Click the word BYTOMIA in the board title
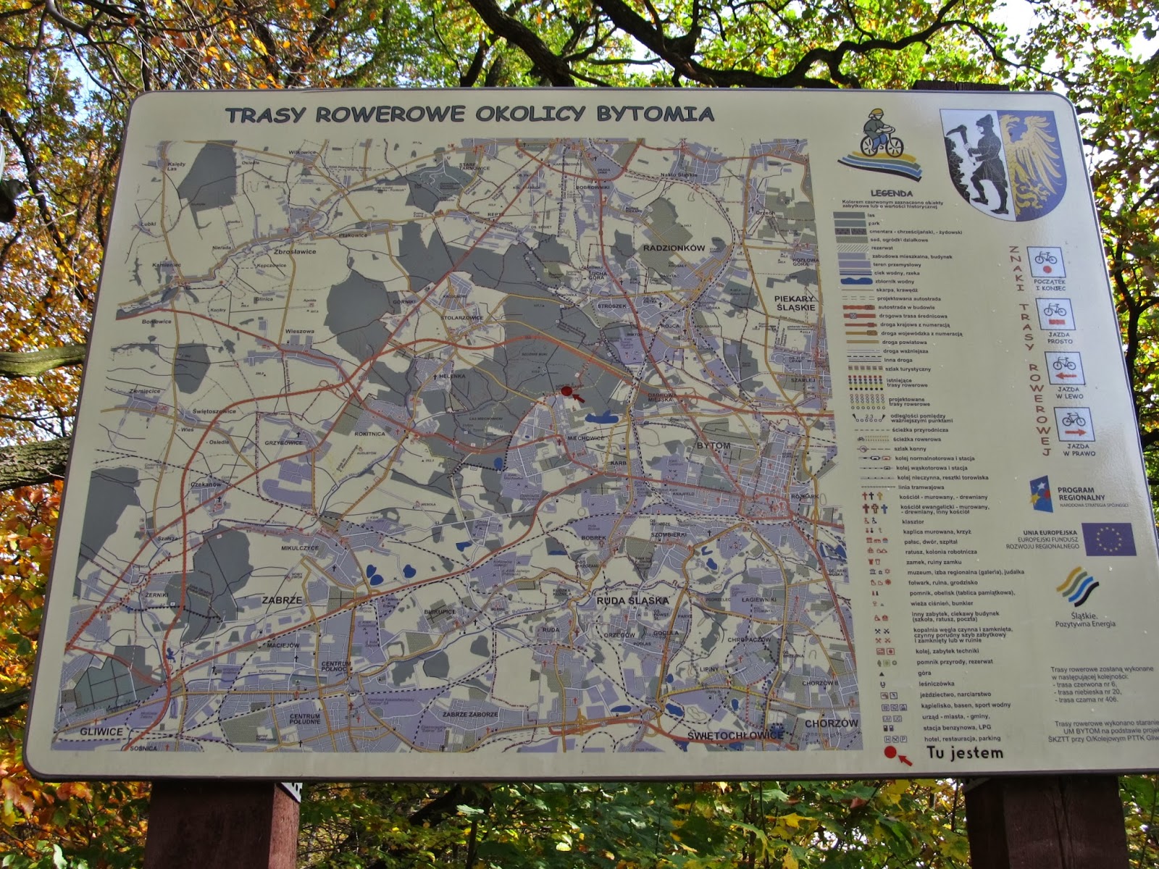coord(655,114)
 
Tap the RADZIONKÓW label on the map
coord(674,248)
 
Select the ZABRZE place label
coord(282,600)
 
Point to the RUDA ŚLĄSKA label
coord(632,600)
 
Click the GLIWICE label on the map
coord(101,731)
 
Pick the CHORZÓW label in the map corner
coord(831,723)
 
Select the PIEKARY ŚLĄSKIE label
coord(795,303)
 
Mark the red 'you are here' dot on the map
coord(567,391)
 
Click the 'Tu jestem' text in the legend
coord(965,753)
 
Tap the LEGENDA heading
coord(891,193)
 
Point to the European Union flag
coord(1108,539)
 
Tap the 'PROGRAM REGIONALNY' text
coord(1081,493)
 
